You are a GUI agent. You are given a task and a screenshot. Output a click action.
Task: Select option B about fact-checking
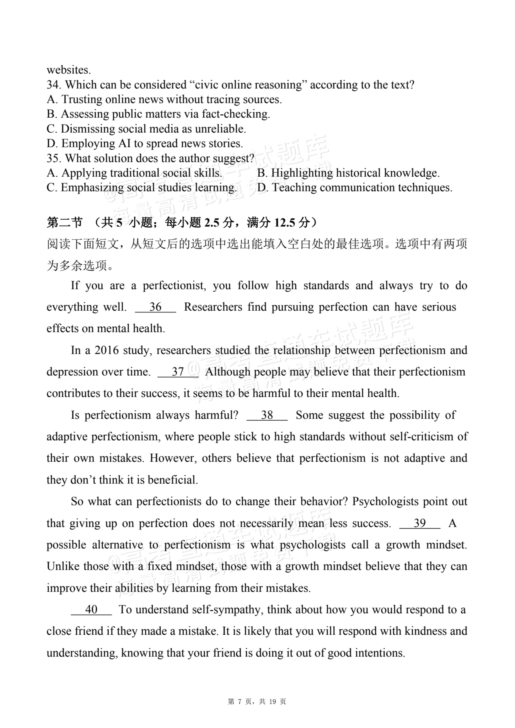click(x=159, y=114)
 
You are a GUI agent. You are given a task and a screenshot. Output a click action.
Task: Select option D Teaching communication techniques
click(x=355, y=187)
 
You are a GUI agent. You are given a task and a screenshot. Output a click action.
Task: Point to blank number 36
click(x=155, y=307)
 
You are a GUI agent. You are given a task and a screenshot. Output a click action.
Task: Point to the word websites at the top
click(x=69, y=70)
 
